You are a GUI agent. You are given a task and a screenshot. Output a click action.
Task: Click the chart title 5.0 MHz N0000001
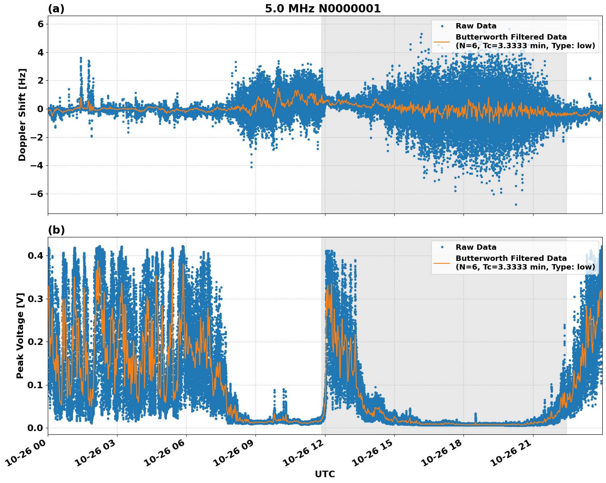(x=323, y=9)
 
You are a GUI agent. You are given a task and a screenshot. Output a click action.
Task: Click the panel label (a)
(x=56, y=9)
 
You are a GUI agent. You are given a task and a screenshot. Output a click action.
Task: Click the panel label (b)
(x=56, y=230)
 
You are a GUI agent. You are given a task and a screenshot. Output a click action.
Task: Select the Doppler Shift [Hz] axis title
(x=22, y=115)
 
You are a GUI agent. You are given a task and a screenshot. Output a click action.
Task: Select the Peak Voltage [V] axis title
(x=20, y=335)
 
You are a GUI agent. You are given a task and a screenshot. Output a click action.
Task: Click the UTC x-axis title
(x=325, y=474)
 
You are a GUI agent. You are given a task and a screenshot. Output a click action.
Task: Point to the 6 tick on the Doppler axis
(x=40, y=24)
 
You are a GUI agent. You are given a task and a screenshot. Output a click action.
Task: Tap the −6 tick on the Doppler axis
(x=38, y=194)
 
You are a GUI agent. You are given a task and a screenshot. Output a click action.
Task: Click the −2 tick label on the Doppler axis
(x=38, y=137)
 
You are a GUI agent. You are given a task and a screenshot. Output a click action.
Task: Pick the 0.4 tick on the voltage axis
(x=36, y=256)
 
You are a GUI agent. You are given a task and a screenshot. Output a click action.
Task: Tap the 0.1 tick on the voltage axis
(x=36, y=385)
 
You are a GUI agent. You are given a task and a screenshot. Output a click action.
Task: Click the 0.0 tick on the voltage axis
(x=36, y=428)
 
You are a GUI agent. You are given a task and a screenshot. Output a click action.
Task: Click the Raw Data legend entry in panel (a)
(x=476, y=26)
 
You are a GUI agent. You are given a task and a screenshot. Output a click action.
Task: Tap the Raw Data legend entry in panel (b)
(x=476, y=247)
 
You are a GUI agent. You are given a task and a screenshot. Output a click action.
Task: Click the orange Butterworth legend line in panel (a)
(x=442, y=41)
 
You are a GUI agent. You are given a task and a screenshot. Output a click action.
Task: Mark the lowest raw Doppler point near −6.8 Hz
(x=516, y=204)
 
